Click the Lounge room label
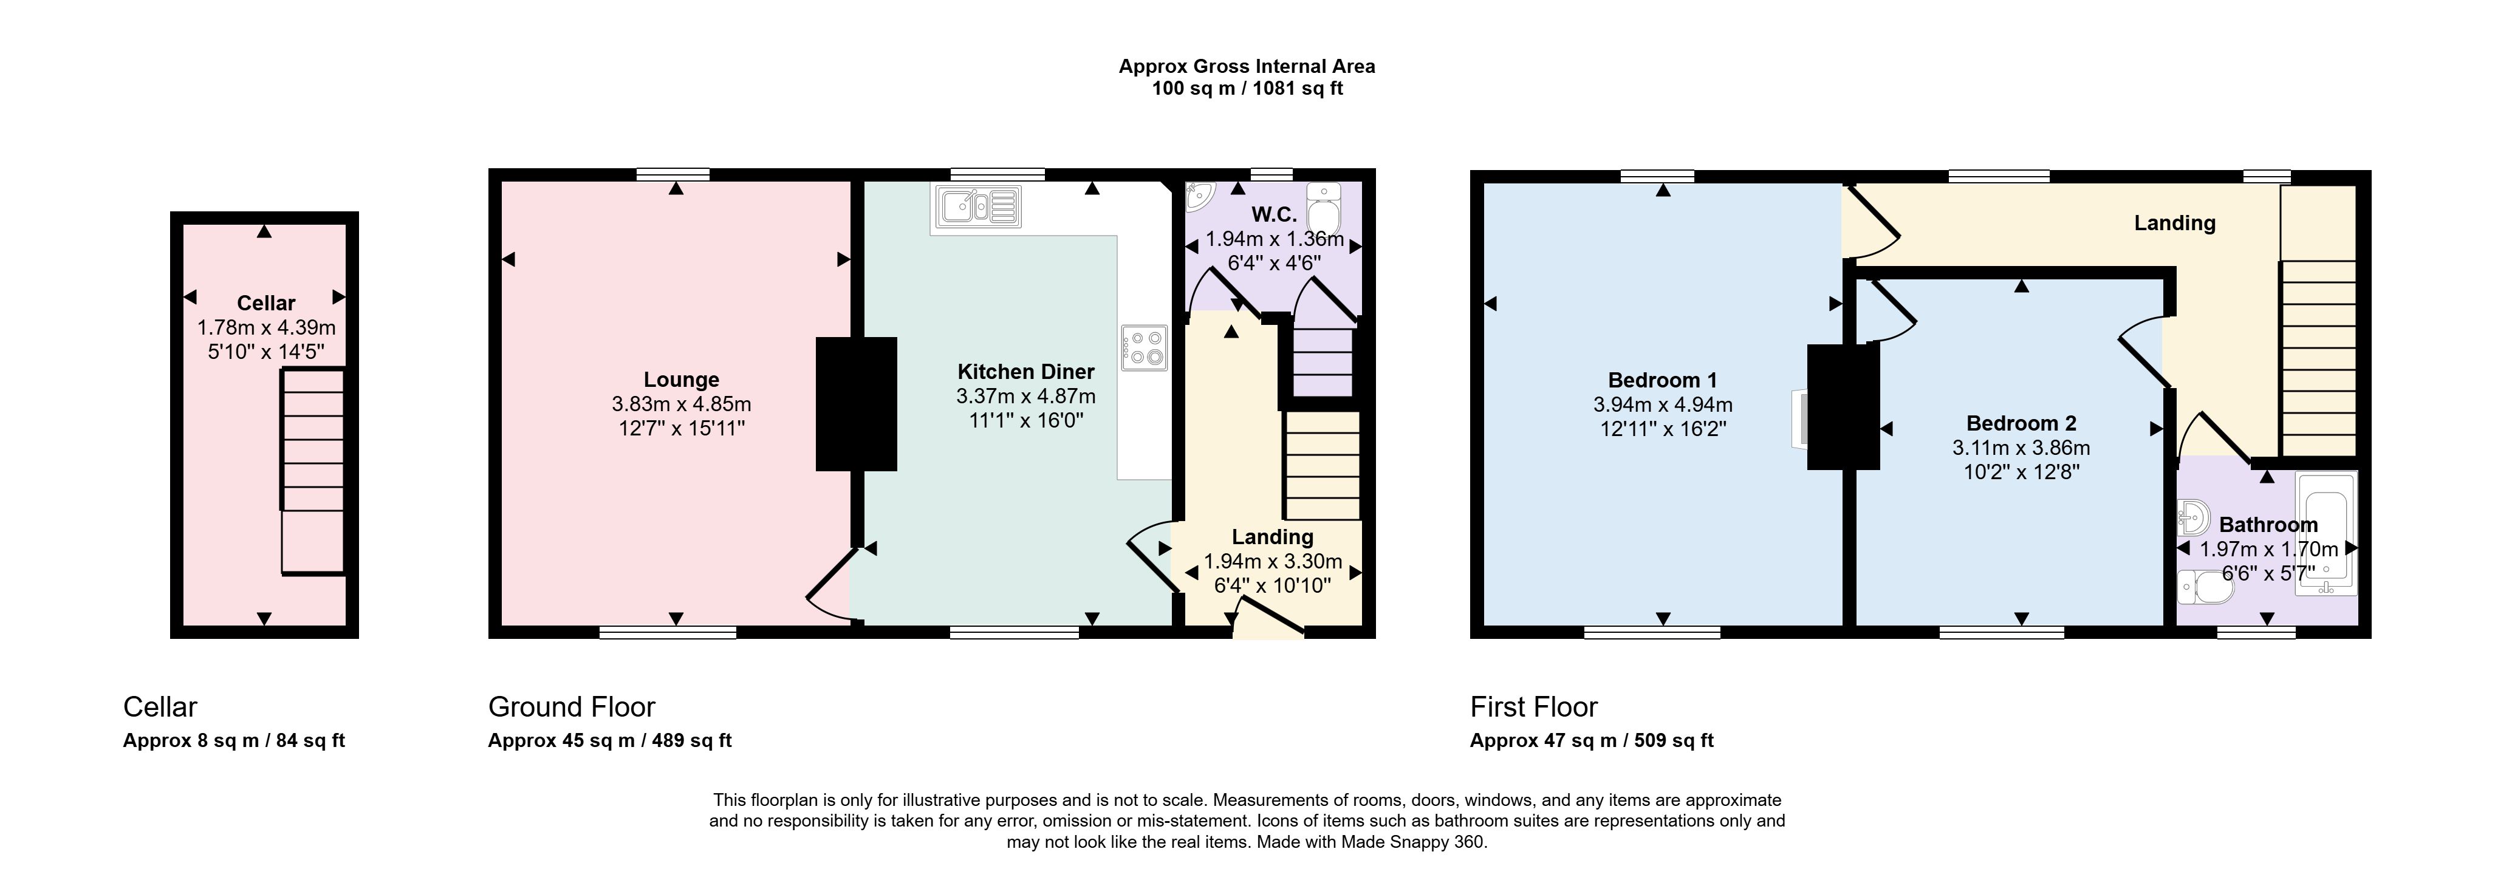tap(681, 380)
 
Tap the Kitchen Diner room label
tap(1025, 372)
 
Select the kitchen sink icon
tap(978, 205)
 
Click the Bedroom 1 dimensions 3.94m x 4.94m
tap(1663, 404)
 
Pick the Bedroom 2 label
tap(2021, 423)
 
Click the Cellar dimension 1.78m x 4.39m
tap(266, 327)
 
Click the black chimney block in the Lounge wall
tap(856, 404)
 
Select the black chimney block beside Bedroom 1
tap(1843, 407)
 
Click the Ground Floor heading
tap(572, 707)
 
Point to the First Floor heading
tap(1533, 707)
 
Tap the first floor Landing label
tap(2174, 223)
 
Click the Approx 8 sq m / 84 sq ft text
tap(233, 740)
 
